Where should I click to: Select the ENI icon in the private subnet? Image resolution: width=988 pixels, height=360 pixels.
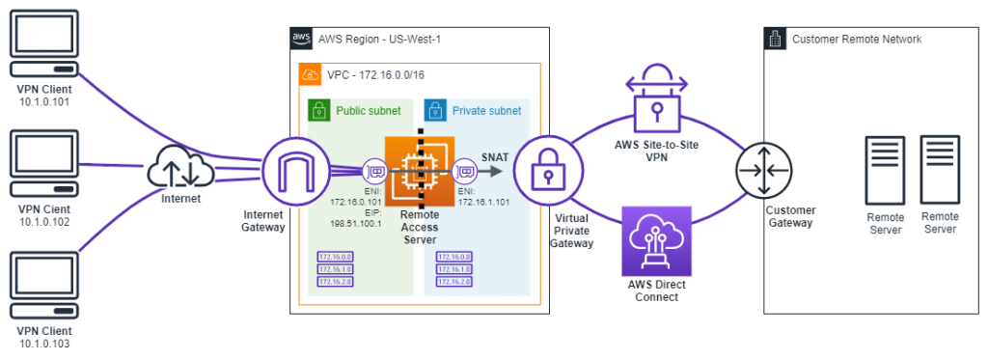pyautogui.click(x=465, y=172)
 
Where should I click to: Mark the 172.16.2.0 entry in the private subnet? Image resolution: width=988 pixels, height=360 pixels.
pyautogui.click(x=453, y=282)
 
